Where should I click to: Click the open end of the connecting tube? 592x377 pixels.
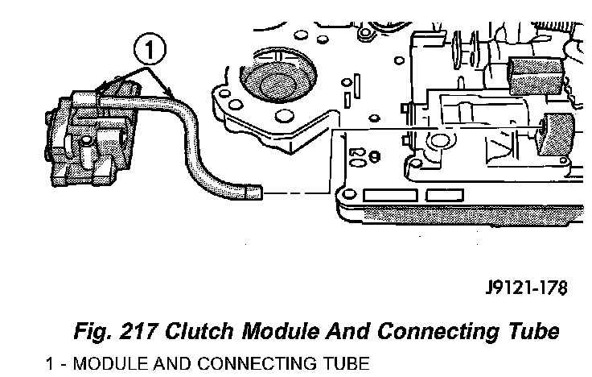(255, 192)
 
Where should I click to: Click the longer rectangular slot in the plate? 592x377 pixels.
(393, 196)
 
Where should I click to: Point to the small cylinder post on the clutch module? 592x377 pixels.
(83, 149)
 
